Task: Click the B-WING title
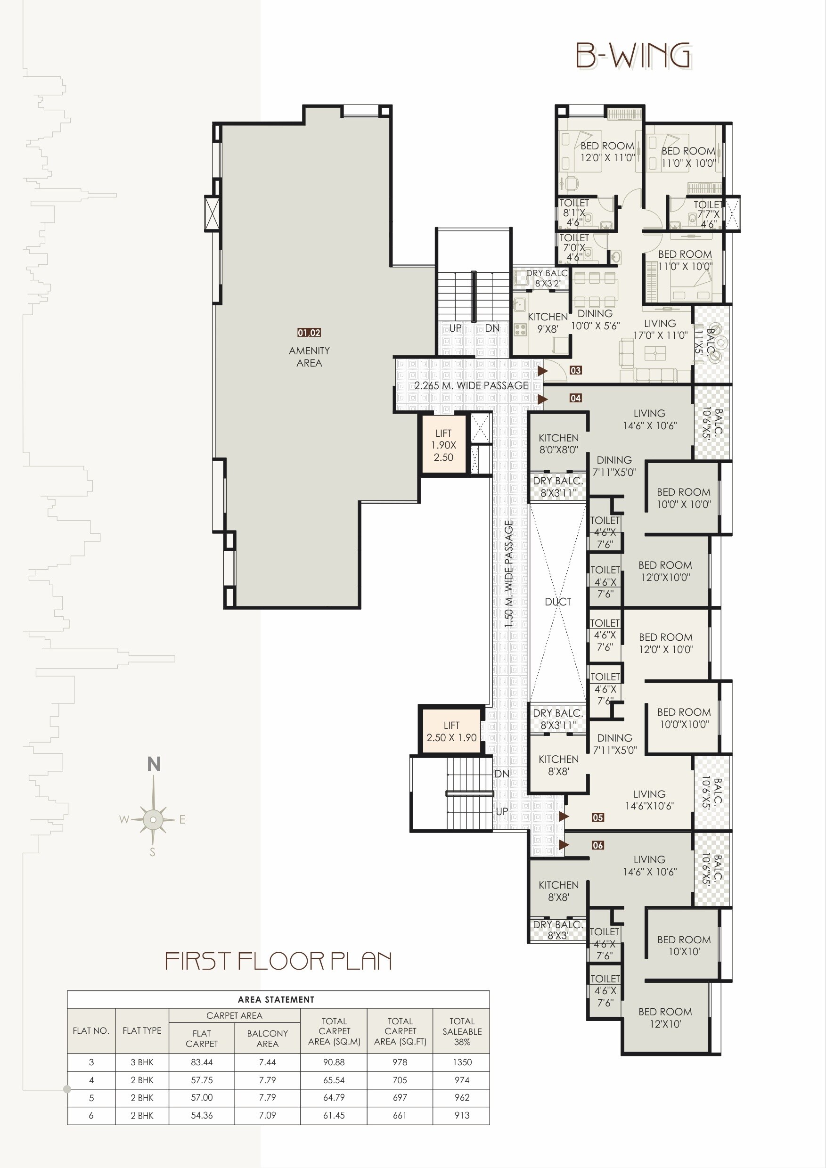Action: pyautogui.click(x=633, y=56)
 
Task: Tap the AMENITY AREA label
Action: pyautogui.click(x=309, y=357)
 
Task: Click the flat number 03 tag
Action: pyautogui.click(x=575, y=370)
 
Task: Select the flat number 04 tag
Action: pyautogui.click(x=575, y=398)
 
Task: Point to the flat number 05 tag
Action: pyautogui.click(x=597, y=817)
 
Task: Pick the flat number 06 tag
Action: pyautogui.click(x=597, y=845)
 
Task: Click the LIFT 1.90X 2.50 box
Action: pyautogui.click(x=443, y=445)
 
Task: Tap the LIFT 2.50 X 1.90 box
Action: pyautogui.click(x=451, y=732)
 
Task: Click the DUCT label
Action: pyautogui.click(x=557, y=602)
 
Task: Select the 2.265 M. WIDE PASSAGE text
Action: pyautogui.click(x=471, y=385)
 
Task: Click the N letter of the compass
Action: pyautogui.click(x=154, y=764)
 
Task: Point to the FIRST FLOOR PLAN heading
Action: pyautogui.click(x=278, y=961)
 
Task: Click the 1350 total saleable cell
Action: pyautogui.click(x=462, y=1062)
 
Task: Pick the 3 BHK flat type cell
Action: pyautogui.click(x=142, y=1062)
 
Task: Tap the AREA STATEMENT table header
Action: pyautogui.click(x=276, y=1000)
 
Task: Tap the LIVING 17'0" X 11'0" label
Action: pyautogui.click(x=660, y=329)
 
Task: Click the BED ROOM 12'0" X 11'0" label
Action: pyautogui.click(x=607, y=152)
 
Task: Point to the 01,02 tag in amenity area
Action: pyautogui.click(x=309, y=333)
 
